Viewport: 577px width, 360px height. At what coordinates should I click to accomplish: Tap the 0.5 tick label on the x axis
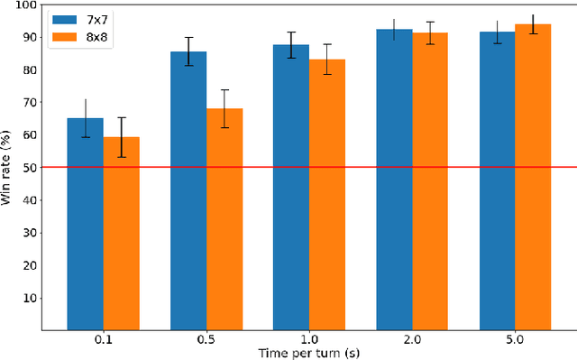tap(206, 340)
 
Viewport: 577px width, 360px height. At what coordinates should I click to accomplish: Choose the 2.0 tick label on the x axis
tap(412, 340)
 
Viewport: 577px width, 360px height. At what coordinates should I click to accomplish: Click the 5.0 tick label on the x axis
tap(515, 340)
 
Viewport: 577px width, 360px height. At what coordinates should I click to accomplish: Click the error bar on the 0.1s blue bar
tap(86, 118)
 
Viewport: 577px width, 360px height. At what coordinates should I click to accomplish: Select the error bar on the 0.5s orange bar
tap(224, 108)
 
